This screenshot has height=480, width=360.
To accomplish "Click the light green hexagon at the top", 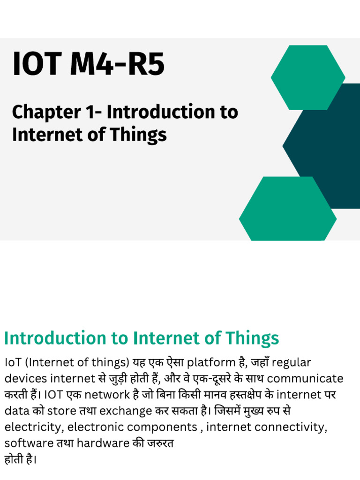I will pos(308,77).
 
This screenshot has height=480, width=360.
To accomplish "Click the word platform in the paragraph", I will pos(207,363).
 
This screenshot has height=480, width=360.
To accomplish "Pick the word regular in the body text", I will pos(292,363).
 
